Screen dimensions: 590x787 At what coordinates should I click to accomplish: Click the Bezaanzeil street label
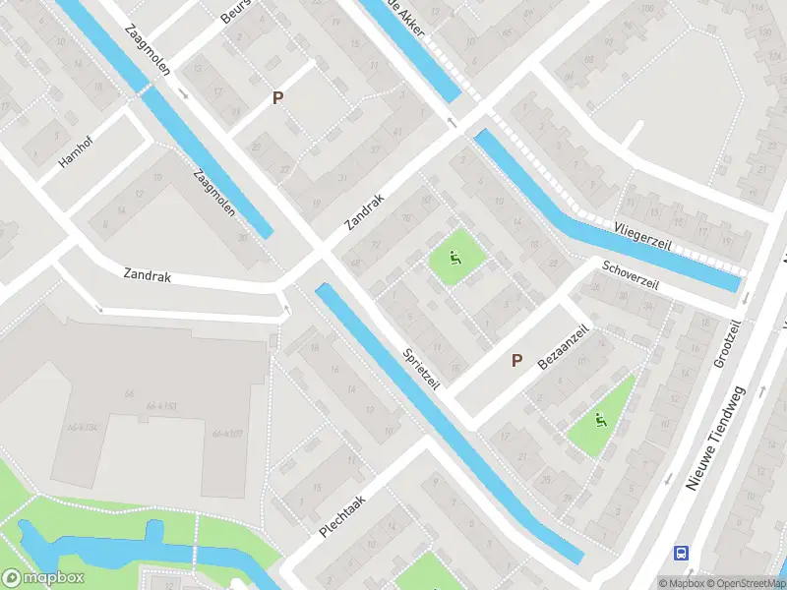(x=564, y=348)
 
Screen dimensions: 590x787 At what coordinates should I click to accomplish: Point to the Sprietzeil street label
(x=420, y=368)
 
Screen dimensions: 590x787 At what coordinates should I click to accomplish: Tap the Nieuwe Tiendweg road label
(x=716, y=438)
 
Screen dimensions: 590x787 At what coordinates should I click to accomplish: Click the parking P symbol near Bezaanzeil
(x=516, y=361)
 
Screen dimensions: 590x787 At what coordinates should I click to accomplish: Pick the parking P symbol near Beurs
(x=278, y=97)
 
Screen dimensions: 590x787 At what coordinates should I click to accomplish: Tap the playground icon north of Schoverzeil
(x=454, y=260)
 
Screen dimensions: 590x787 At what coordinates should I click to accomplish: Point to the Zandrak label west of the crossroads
(x=148, y=276)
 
